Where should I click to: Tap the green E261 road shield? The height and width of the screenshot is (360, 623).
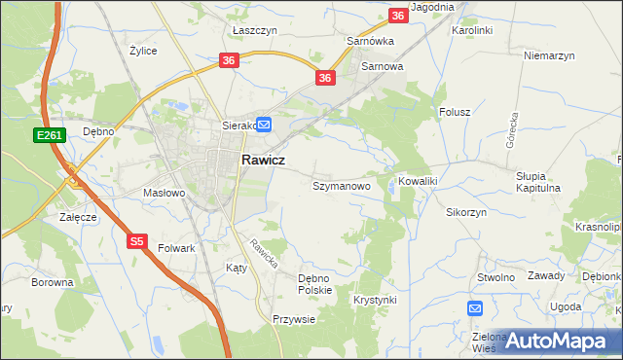[x=53, y=135]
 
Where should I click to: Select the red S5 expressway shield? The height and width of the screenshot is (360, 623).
[x=137, y=240]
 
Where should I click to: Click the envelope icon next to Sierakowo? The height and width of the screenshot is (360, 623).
[x=264, y=125]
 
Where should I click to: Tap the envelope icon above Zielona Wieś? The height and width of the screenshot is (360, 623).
[x=474, y=309]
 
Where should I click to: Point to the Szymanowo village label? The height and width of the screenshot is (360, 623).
[x=341, y=185]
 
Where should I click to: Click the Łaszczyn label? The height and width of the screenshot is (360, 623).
[x=255, y=30]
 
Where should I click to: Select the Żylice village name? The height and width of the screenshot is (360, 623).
[x=143, y=50]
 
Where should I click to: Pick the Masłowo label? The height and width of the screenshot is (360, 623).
[x=164, y=193]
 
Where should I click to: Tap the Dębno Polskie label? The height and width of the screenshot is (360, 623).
[x=315, y=283]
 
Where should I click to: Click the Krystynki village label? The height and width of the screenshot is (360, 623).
[x=376, y=300]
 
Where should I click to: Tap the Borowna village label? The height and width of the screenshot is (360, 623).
[x=53, y=282]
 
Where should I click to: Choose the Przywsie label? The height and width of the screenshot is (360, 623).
[x=294, y=319]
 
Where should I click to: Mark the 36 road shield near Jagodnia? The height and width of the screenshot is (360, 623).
[x=398, y=16]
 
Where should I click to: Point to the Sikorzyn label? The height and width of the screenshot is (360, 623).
[x=466, y=211]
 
